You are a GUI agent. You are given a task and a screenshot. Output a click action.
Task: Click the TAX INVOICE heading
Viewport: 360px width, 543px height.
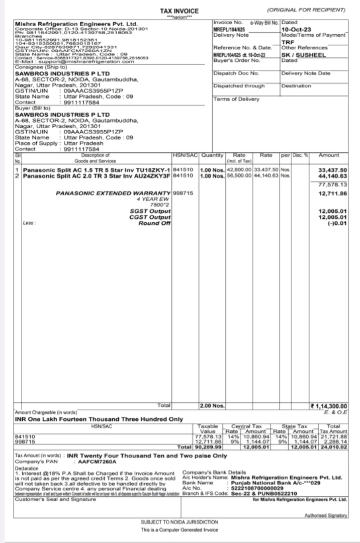(x=179, y=11)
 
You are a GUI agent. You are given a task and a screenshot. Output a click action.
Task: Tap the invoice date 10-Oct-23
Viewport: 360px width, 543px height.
(x=296, y=30)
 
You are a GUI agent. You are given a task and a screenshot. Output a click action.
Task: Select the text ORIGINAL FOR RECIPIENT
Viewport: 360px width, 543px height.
(x=306, y=10)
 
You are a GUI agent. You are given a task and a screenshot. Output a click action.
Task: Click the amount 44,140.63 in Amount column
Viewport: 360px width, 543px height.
(x=333, y=175)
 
